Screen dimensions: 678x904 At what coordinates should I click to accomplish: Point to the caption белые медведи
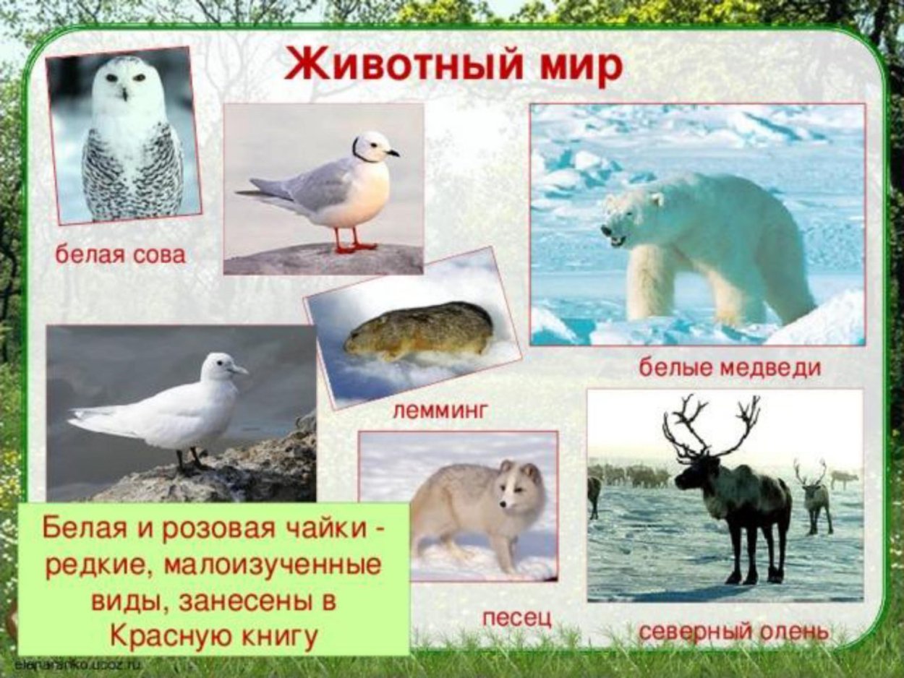(730, 367)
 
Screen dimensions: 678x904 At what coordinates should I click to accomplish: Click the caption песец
(516, 617)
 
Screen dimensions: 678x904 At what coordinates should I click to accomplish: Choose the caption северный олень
(733, 632)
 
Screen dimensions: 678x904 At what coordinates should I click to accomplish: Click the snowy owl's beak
(124, 93)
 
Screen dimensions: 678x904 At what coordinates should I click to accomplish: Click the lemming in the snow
(419, 330)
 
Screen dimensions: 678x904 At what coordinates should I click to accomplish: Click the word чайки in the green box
(331, 531)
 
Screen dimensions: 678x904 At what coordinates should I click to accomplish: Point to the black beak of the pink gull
(392, 153)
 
